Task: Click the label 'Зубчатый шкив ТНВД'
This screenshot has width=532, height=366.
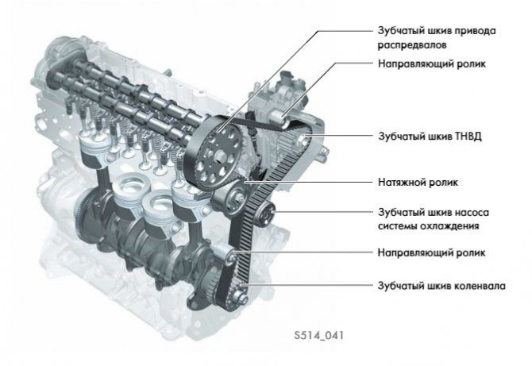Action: click(430, 137)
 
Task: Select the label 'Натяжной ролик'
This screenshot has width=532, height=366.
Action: click(418, 182)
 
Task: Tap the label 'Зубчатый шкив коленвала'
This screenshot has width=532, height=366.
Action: click(441, 286)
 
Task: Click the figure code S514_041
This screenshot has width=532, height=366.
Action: click(319, 336)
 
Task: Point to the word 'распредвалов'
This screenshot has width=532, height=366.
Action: click(412, 45)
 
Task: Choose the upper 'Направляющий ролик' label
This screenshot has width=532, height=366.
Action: click(432, 64)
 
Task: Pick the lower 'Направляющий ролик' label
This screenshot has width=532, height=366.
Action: click(432, 252)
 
